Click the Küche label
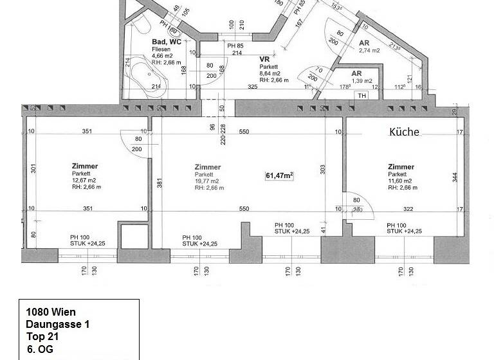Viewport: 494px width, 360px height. [405, 132]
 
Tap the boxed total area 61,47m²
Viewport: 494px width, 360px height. [280, 175]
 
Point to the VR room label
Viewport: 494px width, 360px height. [264, 59]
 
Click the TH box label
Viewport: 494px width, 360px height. [361, 96]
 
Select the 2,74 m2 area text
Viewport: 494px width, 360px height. [370, 50]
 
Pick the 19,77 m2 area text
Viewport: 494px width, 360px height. [207, 181]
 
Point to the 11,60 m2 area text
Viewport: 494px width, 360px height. [401, 181]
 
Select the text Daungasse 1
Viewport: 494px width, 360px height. [58, 325]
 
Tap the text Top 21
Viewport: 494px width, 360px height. [42, 337]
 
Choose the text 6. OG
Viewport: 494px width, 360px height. [40, 349]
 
